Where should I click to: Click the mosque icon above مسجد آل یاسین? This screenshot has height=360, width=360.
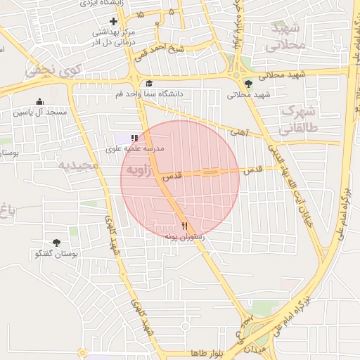coord(39,102)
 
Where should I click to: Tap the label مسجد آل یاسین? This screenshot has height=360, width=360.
coord(40,112)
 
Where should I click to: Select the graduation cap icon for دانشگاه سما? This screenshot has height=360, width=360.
coord(148,84)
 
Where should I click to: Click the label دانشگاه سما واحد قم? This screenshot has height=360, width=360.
coord(150,94)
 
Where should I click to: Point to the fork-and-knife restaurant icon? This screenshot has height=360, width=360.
coord(184,226)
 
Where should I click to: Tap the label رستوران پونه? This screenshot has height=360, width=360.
coord(184,237)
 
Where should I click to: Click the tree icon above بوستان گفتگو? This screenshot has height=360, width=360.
coord(56,243)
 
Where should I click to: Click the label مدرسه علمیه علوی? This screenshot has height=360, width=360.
coord(134,149)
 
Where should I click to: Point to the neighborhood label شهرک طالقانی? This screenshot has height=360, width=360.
coord(300,120)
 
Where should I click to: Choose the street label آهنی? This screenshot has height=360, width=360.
coord(240,131)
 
